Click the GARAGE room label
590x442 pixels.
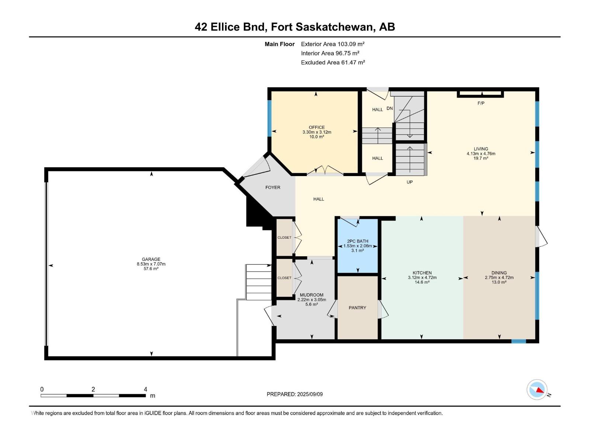(x=151, y=259)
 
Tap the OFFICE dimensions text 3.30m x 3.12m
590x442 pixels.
(x=317, y=132)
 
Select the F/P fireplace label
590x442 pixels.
(x=481, y=103)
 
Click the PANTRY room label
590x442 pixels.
(x=357, y=308)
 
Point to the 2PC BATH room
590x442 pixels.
(x=357, y=246)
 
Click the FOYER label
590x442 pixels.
(x=273, y=187)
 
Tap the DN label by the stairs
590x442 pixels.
(x=390, y=108)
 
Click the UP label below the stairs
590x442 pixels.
(x=409, y=182)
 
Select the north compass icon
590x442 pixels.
(x=537, y=390)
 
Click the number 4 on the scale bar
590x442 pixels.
(x=145, y=389)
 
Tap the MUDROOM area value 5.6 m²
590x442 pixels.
(x=312, y=304)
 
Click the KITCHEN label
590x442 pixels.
(x=422, y=273)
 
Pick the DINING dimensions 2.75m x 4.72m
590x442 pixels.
(x=499, y=278)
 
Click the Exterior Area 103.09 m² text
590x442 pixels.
(x=333, y=44)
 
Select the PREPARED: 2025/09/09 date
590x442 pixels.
(x=295, y=394)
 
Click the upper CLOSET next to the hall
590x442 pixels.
(x=284, y=238)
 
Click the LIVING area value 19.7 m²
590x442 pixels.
(x=481, y=158)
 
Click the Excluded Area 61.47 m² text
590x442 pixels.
(x=333, y=63)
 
